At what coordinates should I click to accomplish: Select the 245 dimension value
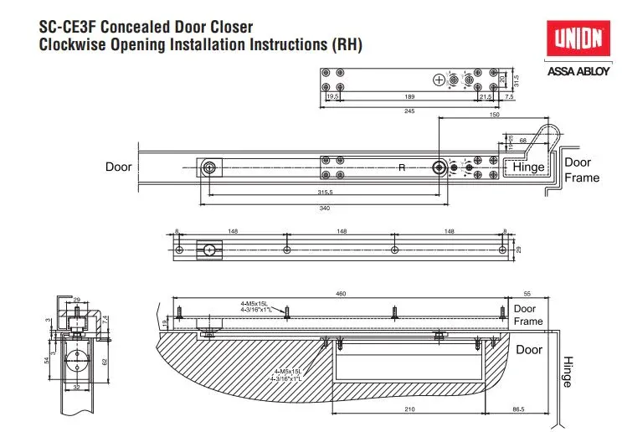(409, 111)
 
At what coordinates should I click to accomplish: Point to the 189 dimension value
(409, 98)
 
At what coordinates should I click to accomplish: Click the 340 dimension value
(316, 209)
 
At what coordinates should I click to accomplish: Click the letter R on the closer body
(401, 167)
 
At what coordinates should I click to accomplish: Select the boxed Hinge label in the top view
(528, 167)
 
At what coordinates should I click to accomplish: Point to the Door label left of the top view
(119, 167)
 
